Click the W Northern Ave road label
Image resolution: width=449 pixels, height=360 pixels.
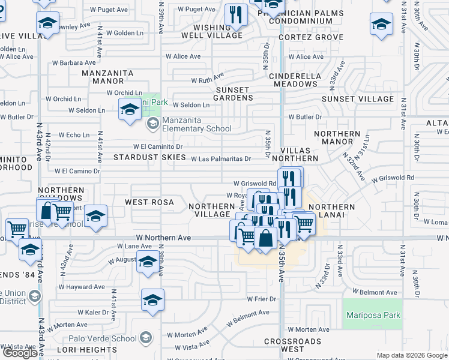pyautogui.click(x=163, y=238)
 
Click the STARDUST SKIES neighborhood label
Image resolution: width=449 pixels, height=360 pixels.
pyautogui.click(x=149, y=157)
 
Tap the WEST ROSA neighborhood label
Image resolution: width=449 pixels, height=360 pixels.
pyautogui.click(x=149, y=203)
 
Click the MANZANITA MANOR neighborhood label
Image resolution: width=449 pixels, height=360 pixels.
pyautogui.click(x=108, y=77)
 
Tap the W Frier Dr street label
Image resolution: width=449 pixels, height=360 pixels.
pyautogui.click(x=261, y=299)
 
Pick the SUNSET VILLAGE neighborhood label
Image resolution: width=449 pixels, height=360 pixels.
pyautogui.click(x=358, y=99)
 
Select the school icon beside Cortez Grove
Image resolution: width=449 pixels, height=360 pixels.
pyautogui.click(x=381, y=25)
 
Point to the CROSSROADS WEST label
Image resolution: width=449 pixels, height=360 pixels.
pyautogui.click(x=292, y=345)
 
